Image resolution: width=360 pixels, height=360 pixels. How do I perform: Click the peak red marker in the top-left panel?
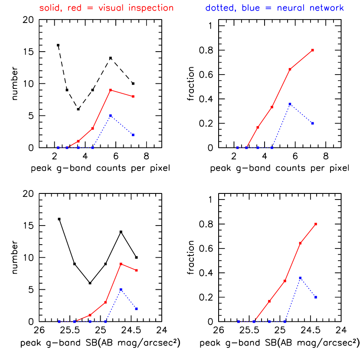coord(111,90)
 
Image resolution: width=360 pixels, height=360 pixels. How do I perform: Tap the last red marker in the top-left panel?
coord(133,96)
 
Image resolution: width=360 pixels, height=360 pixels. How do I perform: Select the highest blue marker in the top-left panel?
coord(111,115)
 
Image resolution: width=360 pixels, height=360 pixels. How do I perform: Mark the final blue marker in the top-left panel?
coord(133,135)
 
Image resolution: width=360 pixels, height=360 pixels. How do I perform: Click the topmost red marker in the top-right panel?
coord(313,50)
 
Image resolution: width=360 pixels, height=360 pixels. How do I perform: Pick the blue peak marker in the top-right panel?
coord(290,104)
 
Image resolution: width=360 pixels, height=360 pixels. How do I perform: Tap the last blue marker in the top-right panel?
coord(313,124)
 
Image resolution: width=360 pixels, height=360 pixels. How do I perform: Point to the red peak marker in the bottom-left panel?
coord(121,264)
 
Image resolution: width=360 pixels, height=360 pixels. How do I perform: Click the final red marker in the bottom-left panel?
coord(137,270)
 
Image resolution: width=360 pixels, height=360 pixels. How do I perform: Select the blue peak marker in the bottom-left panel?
coord(121,289)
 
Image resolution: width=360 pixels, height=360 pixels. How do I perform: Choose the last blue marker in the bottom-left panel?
coord(137,309)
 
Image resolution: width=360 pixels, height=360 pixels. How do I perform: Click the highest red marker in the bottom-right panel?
coord(316,224)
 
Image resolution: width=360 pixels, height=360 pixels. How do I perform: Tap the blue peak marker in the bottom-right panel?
coord(300,278)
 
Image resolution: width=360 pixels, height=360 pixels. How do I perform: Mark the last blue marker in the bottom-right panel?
coord(316,298)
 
